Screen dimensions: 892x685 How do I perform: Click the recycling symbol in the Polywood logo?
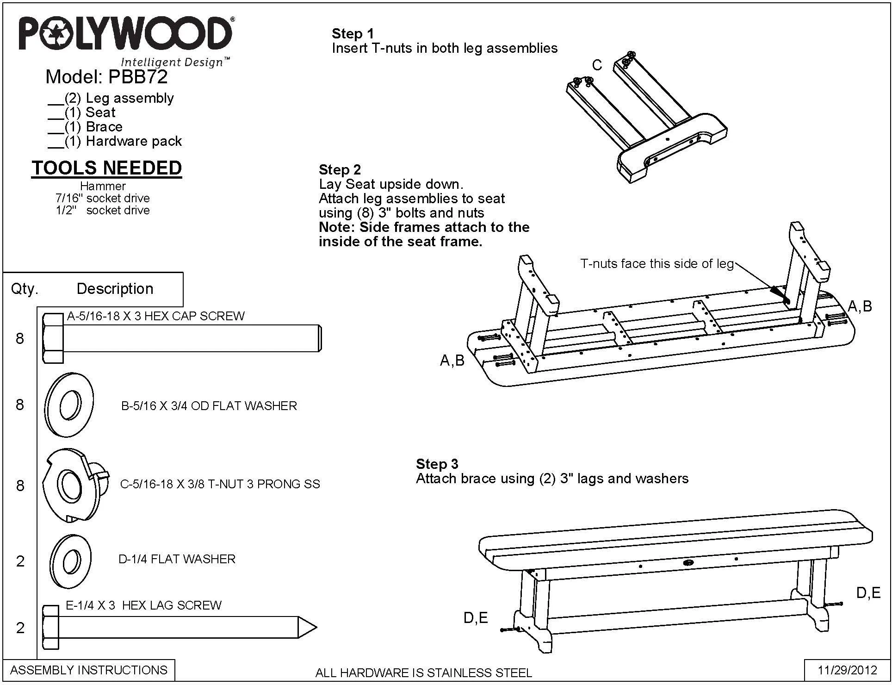point(56,33)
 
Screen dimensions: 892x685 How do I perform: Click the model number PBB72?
point(137,77)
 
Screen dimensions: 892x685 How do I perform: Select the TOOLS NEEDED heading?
point(106,168)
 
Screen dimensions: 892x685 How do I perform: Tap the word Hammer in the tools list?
point(103,186)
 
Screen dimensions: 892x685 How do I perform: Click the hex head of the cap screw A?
point(53,338)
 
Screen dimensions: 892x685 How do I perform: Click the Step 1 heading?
point(353,34)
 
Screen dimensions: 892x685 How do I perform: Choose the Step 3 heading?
point(437,464)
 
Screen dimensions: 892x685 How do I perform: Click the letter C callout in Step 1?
point(597,65)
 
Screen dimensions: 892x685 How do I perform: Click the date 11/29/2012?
point(848,670)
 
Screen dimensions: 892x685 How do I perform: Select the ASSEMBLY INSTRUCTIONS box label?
point(89,670)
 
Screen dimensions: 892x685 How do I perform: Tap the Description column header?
point(115,288)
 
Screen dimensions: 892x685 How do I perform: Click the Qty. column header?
point(25,289)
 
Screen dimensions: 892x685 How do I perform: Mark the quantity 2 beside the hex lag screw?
point(20,628)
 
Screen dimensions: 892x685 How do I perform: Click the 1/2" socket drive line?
point(103,211)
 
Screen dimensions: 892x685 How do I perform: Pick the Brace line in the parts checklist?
point(86,127)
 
